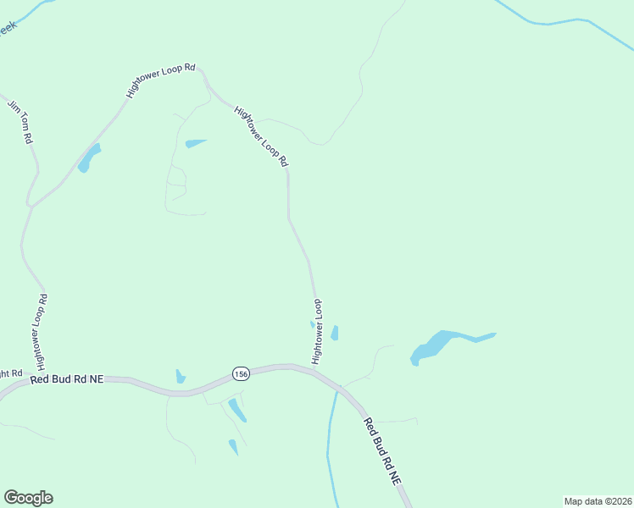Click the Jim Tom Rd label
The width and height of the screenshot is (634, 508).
click(x=19, y=121)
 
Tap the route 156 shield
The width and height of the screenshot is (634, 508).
click(x=240, y=373)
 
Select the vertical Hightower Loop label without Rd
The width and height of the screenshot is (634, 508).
click(x=318, y=332)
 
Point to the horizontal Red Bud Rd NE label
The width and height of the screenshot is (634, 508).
click(x=66, y=380)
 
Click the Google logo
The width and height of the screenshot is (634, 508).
click(x=28, y=498)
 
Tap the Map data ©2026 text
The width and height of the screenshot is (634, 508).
click(x=598, y=501)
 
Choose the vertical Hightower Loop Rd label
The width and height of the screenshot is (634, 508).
click(x=42, y=333)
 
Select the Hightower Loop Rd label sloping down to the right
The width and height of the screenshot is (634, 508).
click(x=262, y=136)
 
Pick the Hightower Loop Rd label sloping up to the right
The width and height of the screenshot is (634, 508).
click(x=160, y=84)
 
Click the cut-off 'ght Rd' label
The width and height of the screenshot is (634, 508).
click(x=10, y=373)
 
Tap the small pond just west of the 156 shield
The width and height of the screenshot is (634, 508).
click(x=180, y=376)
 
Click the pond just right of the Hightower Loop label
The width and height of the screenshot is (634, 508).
click(x=335, y=333)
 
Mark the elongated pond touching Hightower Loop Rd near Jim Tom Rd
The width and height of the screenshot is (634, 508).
click(x=88, y=158)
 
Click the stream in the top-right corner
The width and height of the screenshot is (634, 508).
click(x=559, y=22)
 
